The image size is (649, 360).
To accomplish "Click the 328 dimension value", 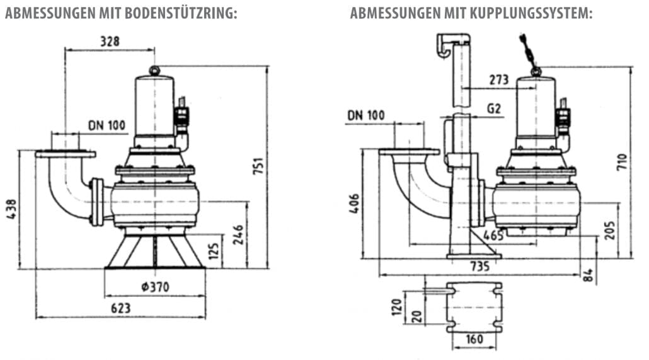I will [110, 42].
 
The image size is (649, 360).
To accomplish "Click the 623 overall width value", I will [120, 308].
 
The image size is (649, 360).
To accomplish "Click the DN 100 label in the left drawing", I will [107, 125].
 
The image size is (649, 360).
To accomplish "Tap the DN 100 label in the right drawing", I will [365, 115].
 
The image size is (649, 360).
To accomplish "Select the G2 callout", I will [493, 109].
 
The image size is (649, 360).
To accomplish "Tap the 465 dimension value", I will [493, 236].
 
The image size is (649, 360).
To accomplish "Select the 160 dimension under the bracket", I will [474, 339].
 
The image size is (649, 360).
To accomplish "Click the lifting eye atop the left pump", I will [154, 69].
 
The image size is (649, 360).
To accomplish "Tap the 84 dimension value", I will [589, 275].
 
